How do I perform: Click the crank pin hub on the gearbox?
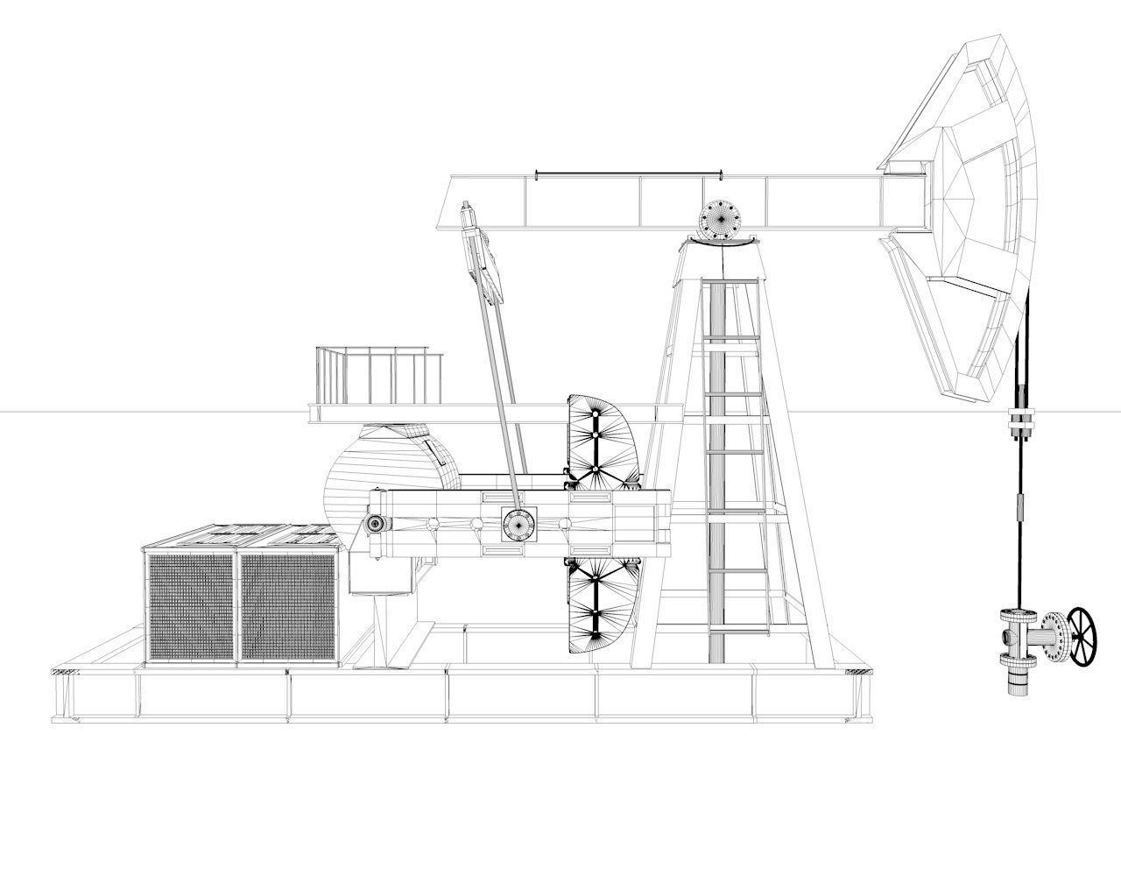click(518, 524)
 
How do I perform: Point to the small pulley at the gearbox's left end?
click(377, 523)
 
